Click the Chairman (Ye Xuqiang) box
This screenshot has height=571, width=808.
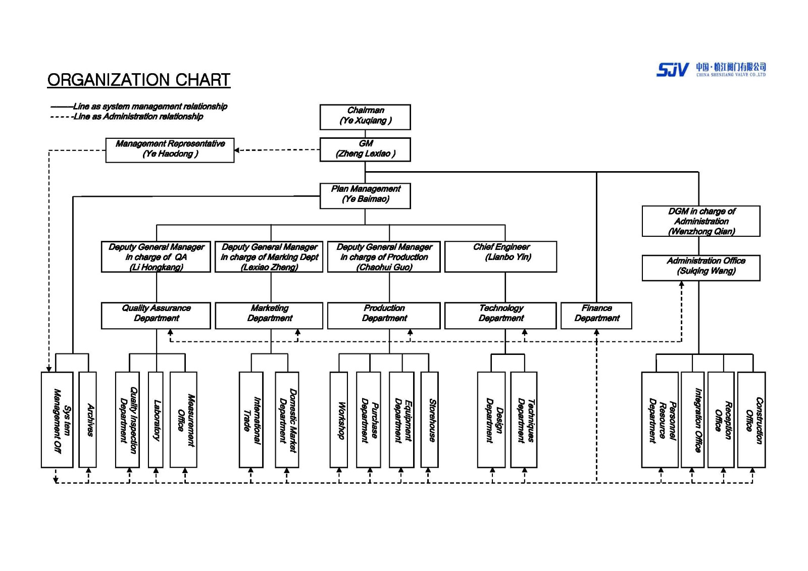click(x=365, y=117)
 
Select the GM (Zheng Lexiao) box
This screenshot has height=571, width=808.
click(x=365, y=149)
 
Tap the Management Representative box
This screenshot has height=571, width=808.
click(x=170, y=150)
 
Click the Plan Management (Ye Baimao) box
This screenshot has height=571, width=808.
click(x=365, y=195)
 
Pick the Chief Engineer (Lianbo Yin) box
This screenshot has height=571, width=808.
click(x=500, y=256)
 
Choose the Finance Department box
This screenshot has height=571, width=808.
click(x=596, y=315)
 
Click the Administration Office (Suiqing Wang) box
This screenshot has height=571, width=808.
click(x=700, y=268)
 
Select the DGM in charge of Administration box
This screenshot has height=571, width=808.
click(x=700, y=221)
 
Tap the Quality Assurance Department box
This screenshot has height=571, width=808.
click(x=156, y=315)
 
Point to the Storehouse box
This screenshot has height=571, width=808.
click(x=429, y=420)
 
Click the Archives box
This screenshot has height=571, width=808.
click(x=88, y=420)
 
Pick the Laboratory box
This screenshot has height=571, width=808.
click(x=156, y=420)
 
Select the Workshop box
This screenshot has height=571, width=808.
click(x=338, y=420)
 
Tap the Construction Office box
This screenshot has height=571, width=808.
click(x=751, y=420)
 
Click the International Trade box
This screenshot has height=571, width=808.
click(x=251, y=420)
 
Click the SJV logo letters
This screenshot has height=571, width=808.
click(x=672, y=70)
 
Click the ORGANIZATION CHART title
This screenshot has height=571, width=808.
click(x=139, y=80)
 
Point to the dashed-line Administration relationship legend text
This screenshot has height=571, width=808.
click(x=138, y=117)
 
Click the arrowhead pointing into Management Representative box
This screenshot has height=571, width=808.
click(x=237, y=150)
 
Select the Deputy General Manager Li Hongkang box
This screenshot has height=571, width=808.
click(x=156, y=256)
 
